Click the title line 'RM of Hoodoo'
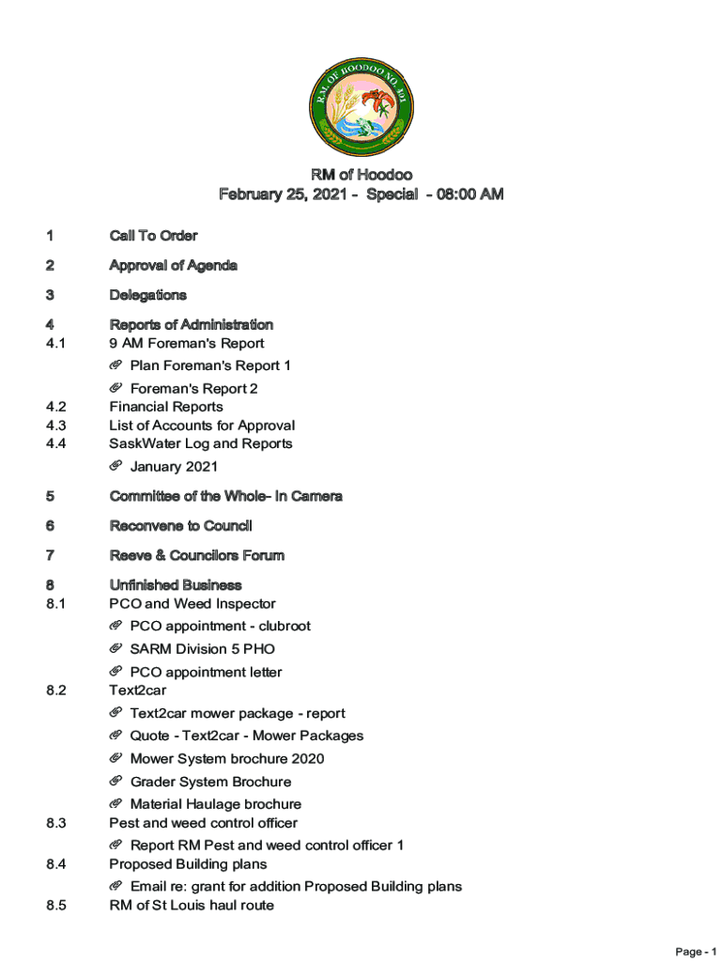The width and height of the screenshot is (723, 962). [361, 175]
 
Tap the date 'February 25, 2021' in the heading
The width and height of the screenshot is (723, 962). [283, 194]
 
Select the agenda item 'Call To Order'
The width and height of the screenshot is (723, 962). [153, 236]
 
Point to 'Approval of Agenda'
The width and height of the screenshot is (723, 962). [173, 266]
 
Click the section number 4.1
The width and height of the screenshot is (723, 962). [55, 344]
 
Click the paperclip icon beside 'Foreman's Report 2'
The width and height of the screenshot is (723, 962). [115, 388]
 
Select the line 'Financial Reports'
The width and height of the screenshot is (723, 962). [166, 407]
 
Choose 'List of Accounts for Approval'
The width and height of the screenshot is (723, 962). [202, 426]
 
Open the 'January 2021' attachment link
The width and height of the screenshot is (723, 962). [174, 467]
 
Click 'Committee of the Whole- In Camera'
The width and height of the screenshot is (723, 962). [225, 496]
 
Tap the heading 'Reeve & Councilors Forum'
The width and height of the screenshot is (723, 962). [196, 556]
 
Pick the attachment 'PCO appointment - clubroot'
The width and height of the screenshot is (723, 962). [220, 627]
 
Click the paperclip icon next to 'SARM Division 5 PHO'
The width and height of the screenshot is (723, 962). [115, 648]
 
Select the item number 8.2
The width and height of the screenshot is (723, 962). [55, 690]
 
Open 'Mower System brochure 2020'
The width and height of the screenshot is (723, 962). [227, 759]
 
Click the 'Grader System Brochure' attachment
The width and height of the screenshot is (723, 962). [210, 782]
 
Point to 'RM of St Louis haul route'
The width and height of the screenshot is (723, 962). [192, 906]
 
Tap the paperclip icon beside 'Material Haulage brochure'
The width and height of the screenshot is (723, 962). [115, 803]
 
